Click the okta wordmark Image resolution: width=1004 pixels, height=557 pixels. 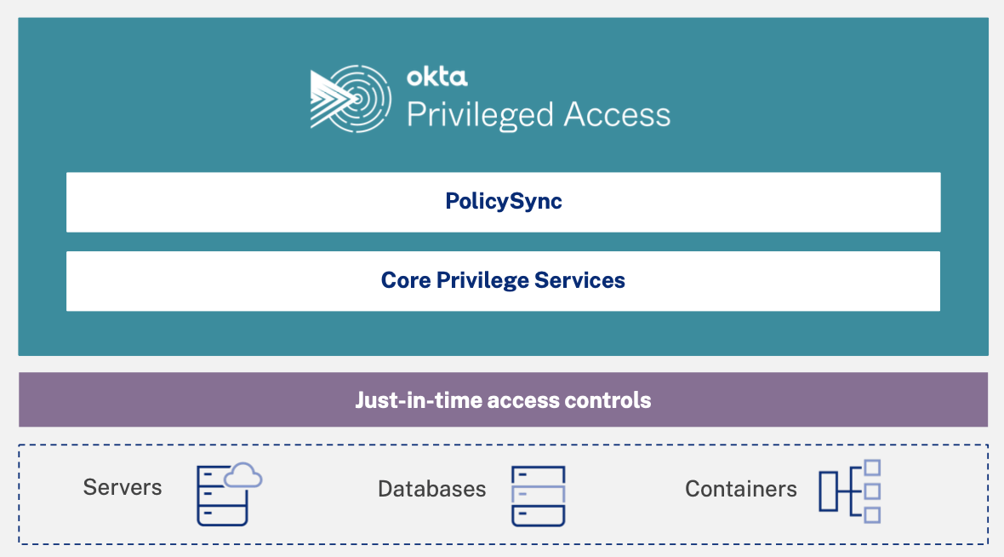click(x=436, y=78)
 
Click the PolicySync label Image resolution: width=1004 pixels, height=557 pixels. click(x=504, y=201)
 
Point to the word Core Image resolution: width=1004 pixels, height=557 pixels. click(x=406, y=280)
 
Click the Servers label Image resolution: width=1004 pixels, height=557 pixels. click(x=123, y=487)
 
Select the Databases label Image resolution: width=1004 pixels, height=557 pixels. click(x=432, y=489)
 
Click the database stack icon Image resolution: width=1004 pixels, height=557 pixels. click(x=539, y=495)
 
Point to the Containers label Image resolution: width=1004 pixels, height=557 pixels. click(x=741, y=489)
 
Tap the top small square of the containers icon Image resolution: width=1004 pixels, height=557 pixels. click(x=871, y=468)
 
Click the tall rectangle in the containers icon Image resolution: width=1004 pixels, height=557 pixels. click(x=829, y=491)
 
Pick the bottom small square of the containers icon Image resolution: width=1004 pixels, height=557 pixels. click(x=871, y=514)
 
